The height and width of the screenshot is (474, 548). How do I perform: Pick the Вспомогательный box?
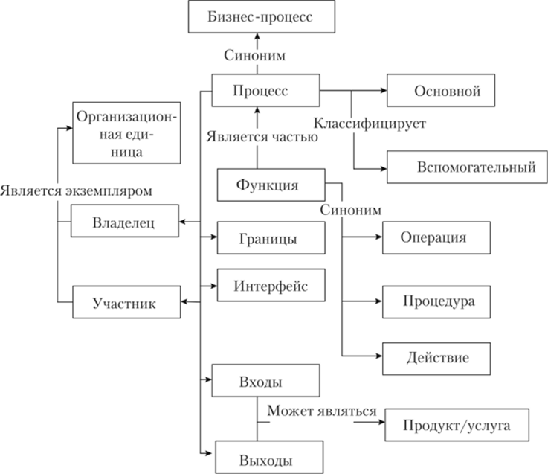pos(465,165)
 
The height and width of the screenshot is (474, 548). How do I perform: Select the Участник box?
pos(124,302)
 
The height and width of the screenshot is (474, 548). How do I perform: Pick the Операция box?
pos(436,238)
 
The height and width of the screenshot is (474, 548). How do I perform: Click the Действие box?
pos(436,357)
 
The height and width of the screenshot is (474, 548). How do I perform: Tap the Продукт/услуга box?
pos(457,427)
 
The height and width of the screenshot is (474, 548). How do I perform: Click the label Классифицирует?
pos(369,122)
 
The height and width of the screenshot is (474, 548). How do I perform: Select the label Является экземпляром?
pos(77,190)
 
